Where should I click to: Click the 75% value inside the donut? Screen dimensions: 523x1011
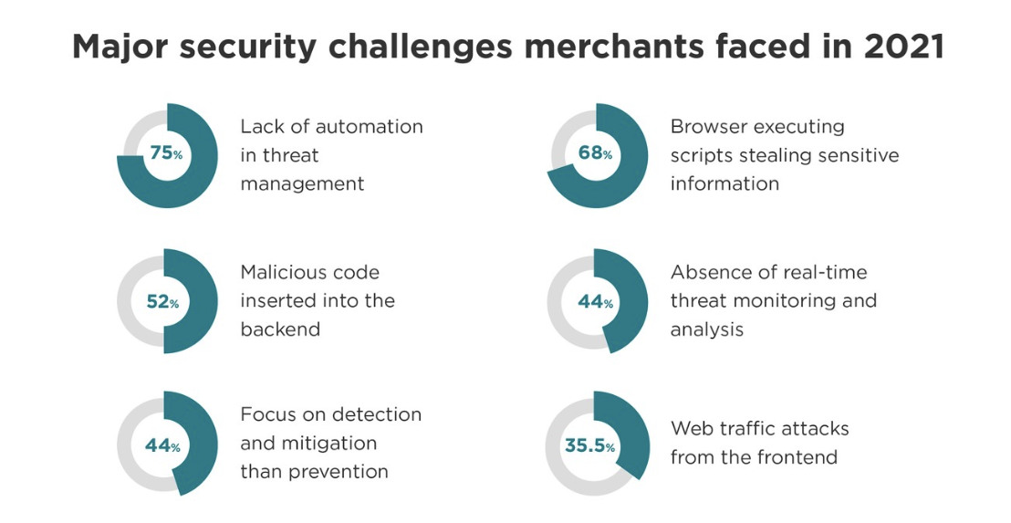(166, 154)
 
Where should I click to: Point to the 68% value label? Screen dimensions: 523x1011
(595, 154)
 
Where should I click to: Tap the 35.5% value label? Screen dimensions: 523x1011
(589, 447)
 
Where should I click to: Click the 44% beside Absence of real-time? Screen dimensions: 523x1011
(595, 302)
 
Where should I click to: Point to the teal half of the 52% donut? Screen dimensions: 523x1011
(203, 302)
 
